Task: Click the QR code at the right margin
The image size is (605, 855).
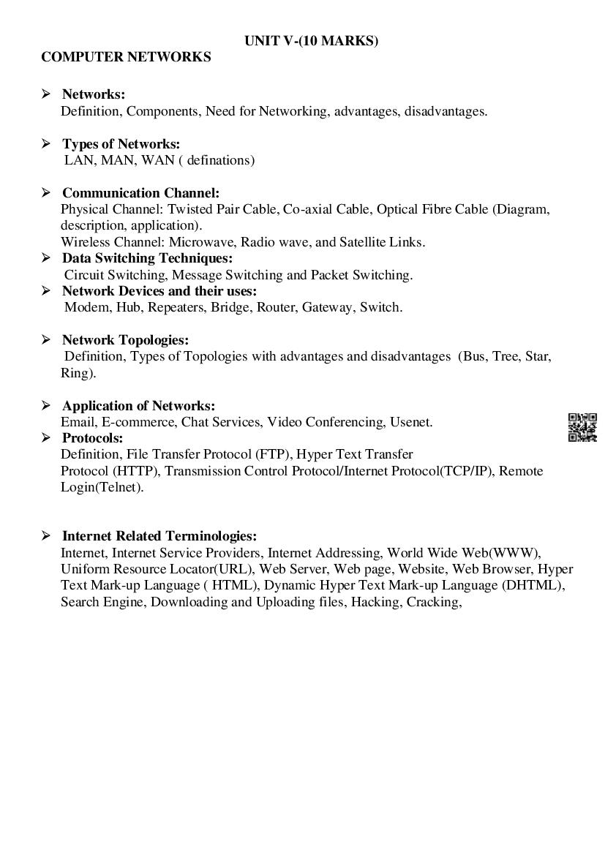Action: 582,428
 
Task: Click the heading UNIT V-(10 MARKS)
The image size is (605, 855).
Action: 312,41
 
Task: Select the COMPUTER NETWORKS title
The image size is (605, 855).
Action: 126,57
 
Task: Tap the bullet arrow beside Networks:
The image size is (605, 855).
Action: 46,94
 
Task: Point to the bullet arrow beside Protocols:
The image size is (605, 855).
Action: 46,437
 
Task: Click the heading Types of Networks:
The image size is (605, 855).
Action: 121,144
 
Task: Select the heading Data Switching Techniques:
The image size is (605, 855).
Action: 147,258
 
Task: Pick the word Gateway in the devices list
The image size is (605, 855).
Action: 326,307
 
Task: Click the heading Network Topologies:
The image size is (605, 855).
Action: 125,340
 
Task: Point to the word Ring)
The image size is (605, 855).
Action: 78,373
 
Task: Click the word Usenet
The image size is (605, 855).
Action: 411,422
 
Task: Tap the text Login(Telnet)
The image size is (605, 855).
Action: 102,487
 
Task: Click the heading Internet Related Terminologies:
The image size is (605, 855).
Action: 159,536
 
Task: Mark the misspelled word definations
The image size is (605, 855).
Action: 221,160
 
